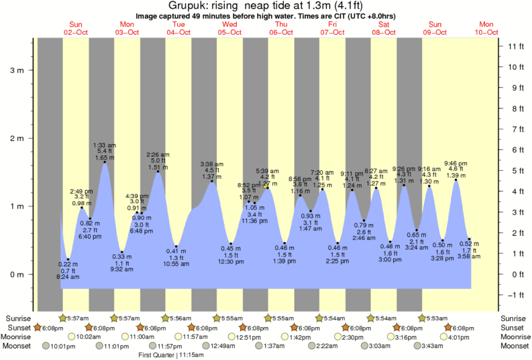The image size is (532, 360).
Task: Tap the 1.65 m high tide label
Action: point(104,158)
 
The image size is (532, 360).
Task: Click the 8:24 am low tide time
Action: point(68,277)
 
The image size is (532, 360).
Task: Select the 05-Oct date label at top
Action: point(229,32)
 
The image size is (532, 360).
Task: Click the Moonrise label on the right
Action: point(513,337)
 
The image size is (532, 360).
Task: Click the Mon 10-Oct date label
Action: point(487,28)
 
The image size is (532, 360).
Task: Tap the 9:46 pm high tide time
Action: point(456,163)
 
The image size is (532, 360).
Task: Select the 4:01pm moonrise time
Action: point(456,337)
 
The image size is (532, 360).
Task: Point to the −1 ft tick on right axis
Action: point(515,295)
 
